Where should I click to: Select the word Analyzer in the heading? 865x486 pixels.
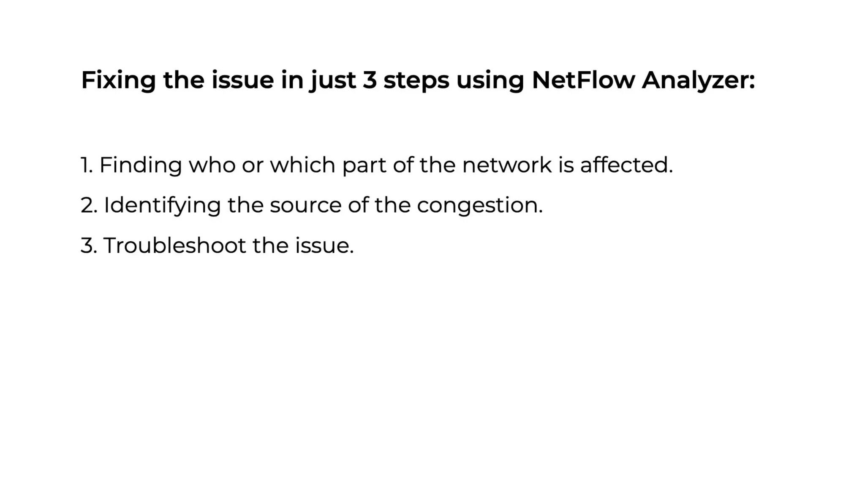[698, 80]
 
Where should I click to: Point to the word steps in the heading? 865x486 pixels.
[416, 80]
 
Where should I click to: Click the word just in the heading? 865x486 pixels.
[332, 80]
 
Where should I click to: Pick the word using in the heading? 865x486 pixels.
[490, 80]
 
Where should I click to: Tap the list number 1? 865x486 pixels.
[86, 165]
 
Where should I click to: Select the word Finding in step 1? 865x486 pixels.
[140, 165]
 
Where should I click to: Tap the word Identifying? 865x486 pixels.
[162, 205]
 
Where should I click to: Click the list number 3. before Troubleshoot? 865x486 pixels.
[88, 246]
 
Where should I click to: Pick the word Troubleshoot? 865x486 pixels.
[174, 245]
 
